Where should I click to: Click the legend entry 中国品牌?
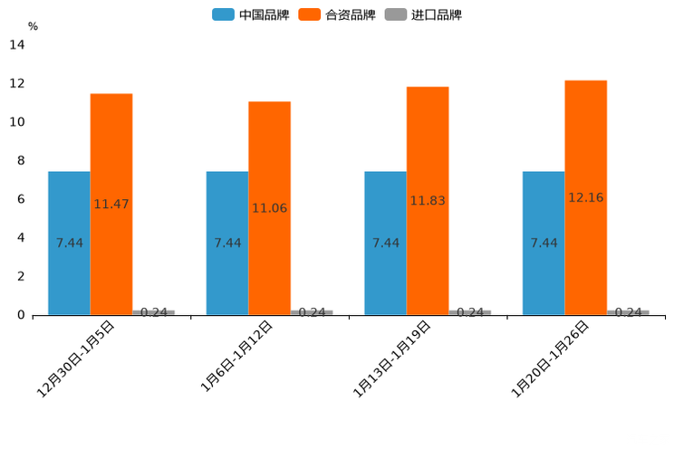(x=251, y=14)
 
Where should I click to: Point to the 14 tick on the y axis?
(x=16, y=45)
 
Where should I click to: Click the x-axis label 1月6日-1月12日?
(x=236, y=357)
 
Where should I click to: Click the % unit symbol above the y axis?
(x=33, y=26)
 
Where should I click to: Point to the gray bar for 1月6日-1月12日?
(x=312, y=312)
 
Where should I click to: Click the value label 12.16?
(x=585, y=197)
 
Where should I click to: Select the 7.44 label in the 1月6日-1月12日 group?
(x=227, y=243)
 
